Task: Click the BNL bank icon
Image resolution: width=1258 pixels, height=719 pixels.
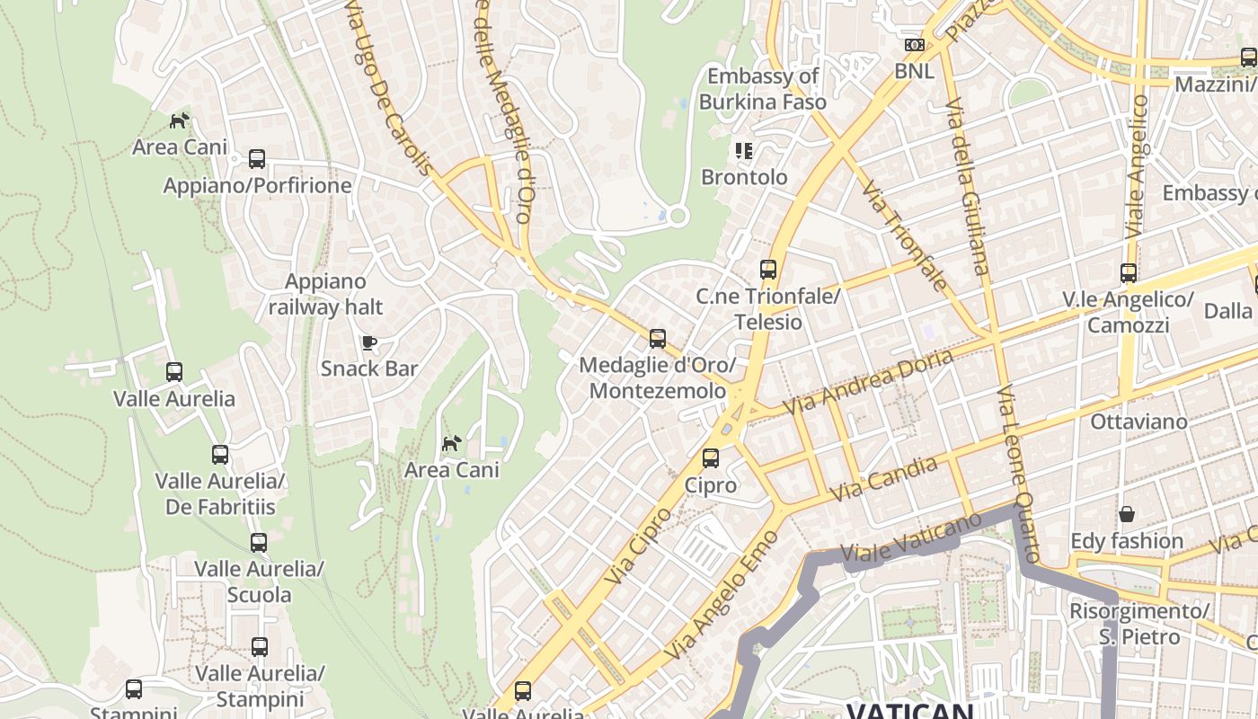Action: tap(914, 45)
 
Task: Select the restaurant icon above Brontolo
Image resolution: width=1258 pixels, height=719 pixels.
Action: tap(743, 150)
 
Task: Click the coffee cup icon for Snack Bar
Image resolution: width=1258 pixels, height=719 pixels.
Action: tap(368, 342)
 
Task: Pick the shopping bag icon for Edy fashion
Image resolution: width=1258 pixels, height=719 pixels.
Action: tap(1126, 514)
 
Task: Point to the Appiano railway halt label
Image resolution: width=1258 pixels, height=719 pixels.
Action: tap(325, 294)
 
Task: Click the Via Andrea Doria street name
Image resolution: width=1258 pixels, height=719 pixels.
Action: tap(868, 382)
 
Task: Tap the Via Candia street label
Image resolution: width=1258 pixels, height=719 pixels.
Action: tap(884, 479)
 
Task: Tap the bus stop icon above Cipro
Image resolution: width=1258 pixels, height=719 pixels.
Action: tap(711, 458)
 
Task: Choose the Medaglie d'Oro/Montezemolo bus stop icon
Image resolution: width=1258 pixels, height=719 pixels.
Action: tap(658, 339)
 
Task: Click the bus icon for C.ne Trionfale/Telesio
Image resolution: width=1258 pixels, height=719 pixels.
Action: tap(767, 270)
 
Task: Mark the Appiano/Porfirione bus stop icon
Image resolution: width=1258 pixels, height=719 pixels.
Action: tap(257, 159)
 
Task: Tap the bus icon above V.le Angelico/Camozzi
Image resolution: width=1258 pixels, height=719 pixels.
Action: tap(1128, 273)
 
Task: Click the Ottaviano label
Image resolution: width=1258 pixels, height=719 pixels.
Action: tap(1138, 421)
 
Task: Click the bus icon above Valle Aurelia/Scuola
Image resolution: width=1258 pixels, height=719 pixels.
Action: tap(259, 543)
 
